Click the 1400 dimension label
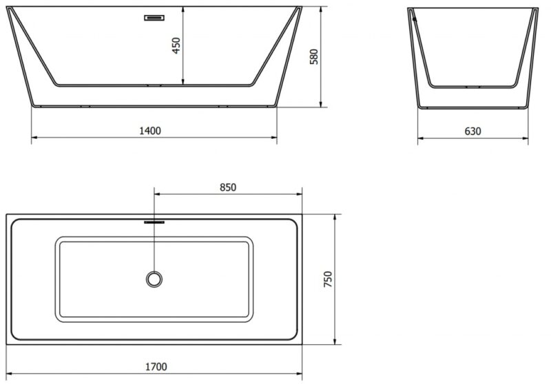150,131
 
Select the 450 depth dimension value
176,45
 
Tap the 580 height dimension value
314,56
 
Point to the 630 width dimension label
472,131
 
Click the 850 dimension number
228,187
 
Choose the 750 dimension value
328,279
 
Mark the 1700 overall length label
156,367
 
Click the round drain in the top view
154,279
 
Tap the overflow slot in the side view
154,18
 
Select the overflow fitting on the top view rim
154,222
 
